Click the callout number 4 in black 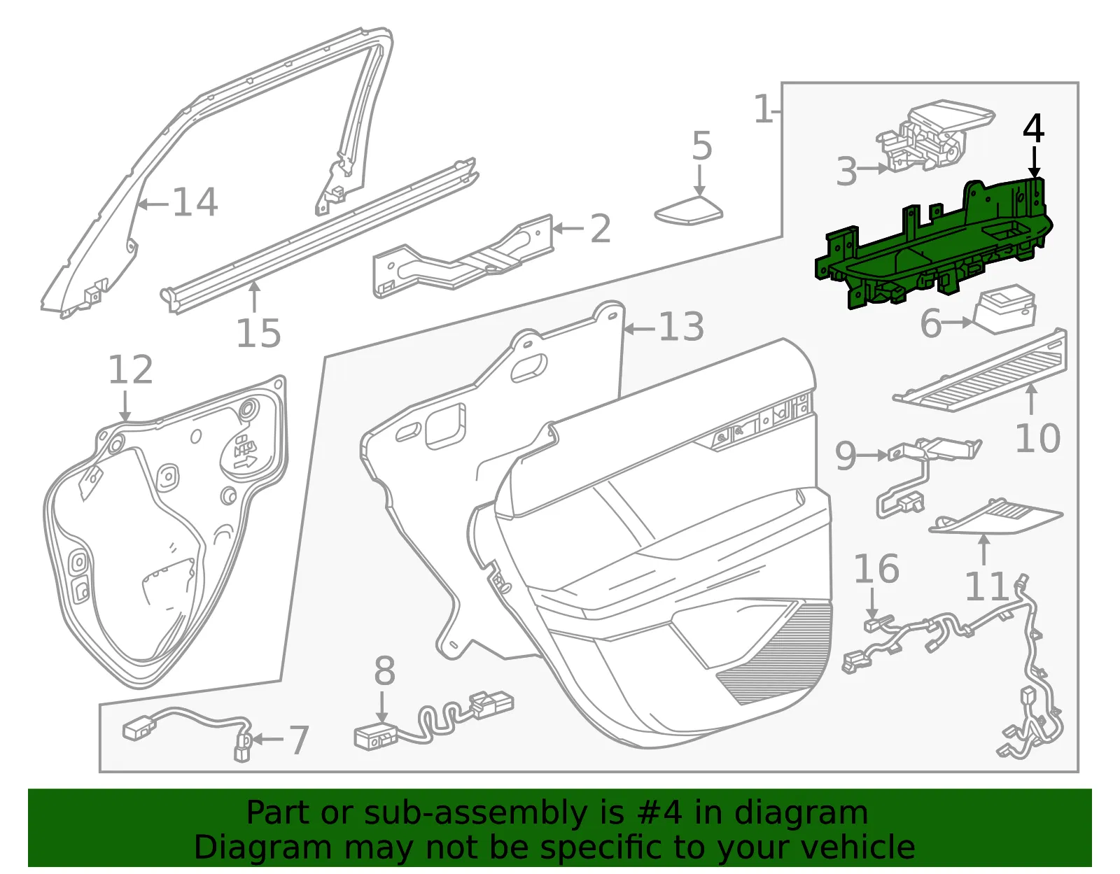tap(1033, 129)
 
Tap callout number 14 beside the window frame tap(195, 202)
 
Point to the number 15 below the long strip tap(258, 332)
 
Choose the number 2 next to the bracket tap(600, 229)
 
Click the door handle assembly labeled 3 tap(935, 136)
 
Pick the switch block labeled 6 tap(1004, 309)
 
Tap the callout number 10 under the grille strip tap(1037, 438)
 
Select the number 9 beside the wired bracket tap(846, 456)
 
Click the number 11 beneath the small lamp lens tap(986, 586)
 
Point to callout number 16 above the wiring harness tap(876, 569)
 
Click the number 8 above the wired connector tap(384, 671)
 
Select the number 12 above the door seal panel tap(130, 369)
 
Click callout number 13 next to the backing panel tap(681, 327)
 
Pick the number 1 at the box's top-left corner tap(763, 108)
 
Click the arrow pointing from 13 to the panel tap(639, 328)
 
